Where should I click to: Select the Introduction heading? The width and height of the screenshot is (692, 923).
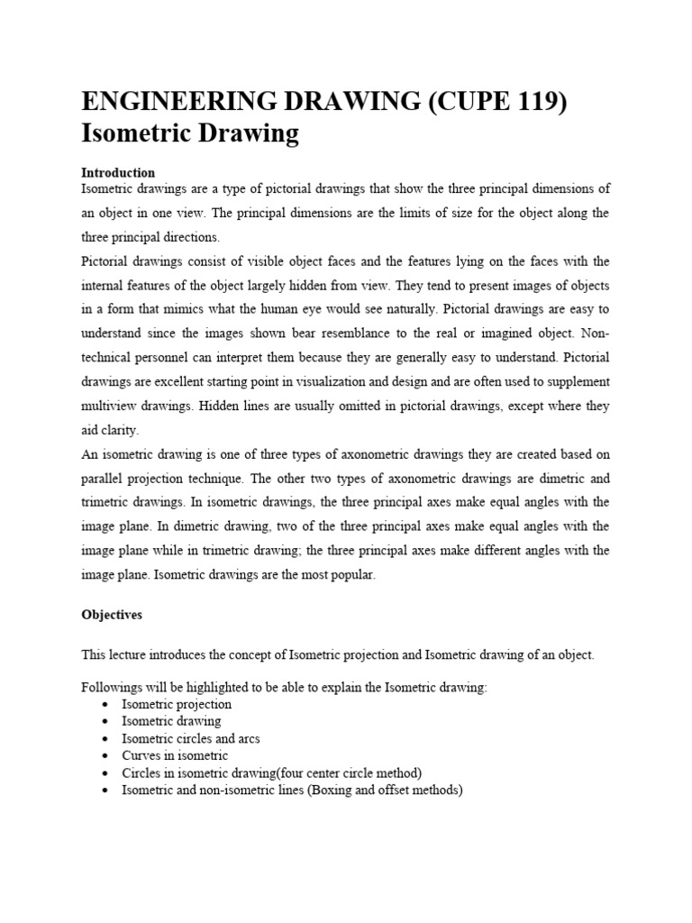tap(118, 172)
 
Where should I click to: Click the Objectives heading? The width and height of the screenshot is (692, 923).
tap(112, 614)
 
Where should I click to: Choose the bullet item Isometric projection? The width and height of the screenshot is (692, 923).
tap(177, 705)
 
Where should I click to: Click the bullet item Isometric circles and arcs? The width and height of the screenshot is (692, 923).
tap(191, 739)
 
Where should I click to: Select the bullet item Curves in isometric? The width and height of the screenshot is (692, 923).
tap(175, 756)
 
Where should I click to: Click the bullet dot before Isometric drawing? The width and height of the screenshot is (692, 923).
tap(107, 722)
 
